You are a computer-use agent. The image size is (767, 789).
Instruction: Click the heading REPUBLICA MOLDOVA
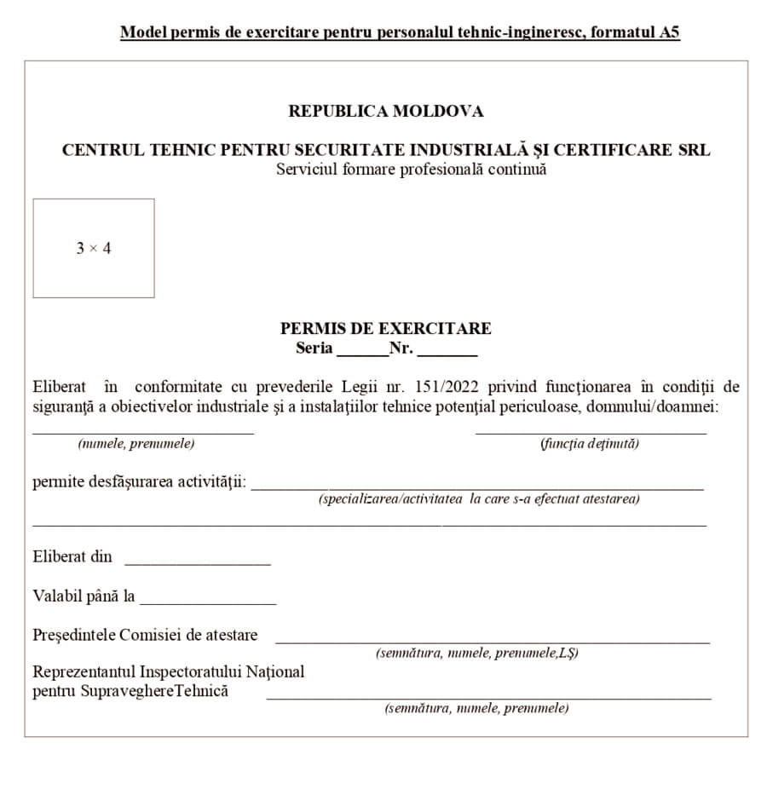click(385, 112)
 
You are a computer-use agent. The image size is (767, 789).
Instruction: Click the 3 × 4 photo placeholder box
click(94, 248)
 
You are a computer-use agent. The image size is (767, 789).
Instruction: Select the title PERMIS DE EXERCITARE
click(385, 329)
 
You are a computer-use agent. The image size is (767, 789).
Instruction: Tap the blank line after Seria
click(362, 352)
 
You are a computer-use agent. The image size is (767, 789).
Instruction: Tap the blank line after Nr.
click(447, 352)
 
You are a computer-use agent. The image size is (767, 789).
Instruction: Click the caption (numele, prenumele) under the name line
click(136, 444)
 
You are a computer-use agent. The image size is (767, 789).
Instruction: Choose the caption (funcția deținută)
click(590, 444)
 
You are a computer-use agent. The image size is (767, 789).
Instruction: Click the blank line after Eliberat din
click(197, 562)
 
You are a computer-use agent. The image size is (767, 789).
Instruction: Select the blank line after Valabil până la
click(208, 602)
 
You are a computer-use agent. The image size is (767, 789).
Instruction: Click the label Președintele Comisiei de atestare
click(145, 635)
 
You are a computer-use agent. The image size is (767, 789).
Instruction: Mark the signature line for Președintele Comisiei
click(492, 641)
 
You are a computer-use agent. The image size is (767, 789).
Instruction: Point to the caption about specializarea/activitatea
click(479, 499)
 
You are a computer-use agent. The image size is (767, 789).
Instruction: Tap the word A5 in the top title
click(669, 33)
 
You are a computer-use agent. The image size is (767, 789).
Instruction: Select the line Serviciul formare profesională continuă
click(411, 169)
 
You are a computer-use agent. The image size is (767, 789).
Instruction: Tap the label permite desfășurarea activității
click(140, 482)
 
